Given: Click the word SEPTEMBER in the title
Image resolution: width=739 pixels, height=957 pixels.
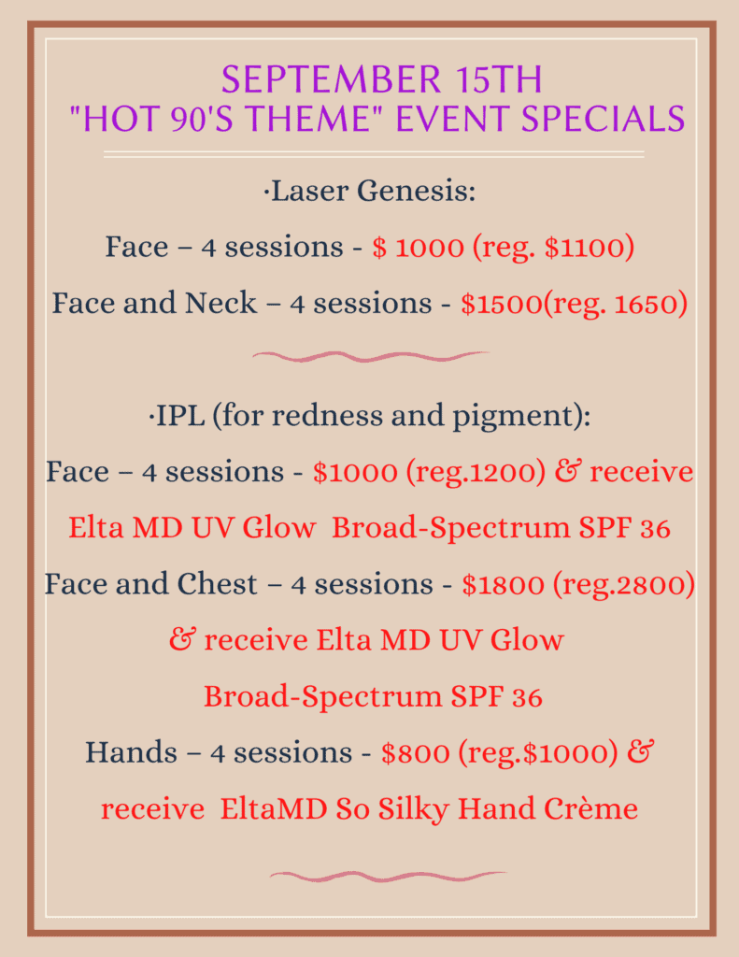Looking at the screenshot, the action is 332,79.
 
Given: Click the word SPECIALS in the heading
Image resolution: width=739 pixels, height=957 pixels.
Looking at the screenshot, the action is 603,119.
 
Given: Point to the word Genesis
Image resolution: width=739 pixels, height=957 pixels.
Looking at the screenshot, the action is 416,191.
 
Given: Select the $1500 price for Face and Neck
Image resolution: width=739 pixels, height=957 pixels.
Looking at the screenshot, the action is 501,304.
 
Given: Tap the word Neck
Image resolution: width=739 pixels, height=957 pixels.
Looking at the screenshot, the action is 220,303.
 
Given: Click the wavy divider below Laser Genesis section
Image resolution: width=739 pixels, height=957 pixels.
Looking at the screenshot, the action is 371,356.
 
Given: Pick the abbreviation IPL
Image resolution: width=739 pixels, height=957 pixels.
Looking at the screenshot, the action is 180,416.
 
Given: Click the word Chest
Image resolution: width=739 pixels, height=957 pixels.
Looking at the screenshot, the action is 218,583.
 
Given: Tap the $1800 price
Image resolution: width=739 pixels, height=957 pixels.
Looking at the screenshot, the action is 503,584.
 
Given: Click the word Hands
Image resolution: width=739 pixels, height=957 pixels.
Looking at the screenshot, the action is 131,752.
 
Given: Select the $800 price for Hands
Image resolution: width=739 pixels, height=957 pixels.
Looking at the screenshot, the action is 416,752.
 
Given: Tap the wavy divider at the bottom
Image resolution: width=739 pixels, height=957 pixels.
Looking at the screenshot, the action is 388,877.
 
